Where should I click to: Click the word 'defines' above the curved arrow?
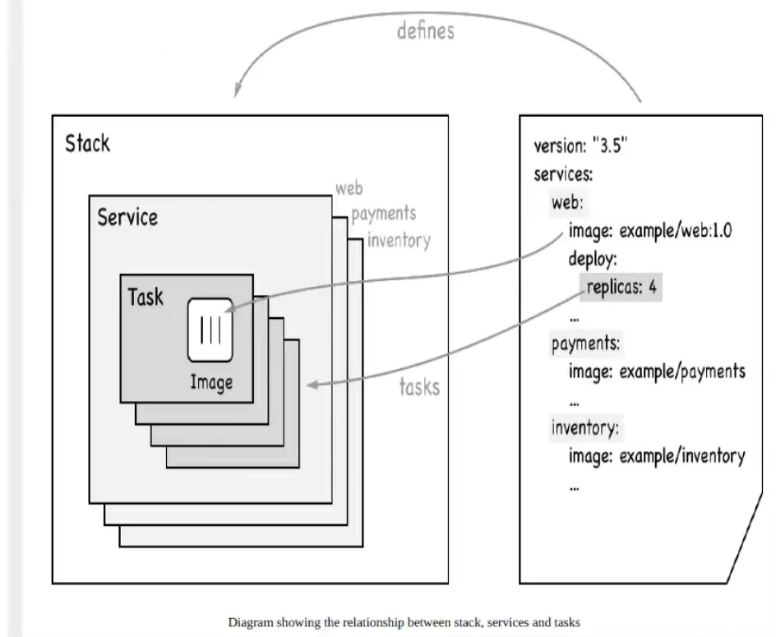(x=425, y=32)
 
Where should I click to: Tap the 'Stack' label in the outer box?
(x=87, y=144)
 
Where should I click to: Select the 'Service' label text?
(x=127, y=219)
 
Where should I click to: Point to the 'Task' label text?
(x=145, y=296)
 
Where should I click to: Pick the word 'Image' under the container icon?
(x=211, y=382)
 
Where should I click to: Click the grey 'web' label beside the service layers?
(x=349, y=189)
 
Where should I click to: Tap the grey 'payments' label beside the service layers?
(x=383, y=215)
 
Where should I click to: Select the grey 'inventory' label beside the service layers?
(x=398, y=241)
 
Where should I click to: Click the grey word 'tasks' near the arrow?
(x=419, y=386)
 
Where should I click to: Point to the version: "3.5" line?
(x=581, y=148)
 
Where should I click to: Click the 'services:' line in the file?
(x=564, y=176)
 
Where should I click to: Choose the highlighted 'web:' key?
(x=566, y=203)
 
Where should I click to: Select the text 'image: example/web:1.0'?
(x=649, y=231)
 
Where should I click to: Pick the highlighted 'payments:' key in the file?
(x=585, y=343)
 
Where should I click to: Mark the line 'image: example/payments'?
(x=657, y=371)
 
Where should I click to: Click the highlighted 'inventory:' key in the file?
(x=584, y=427)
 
